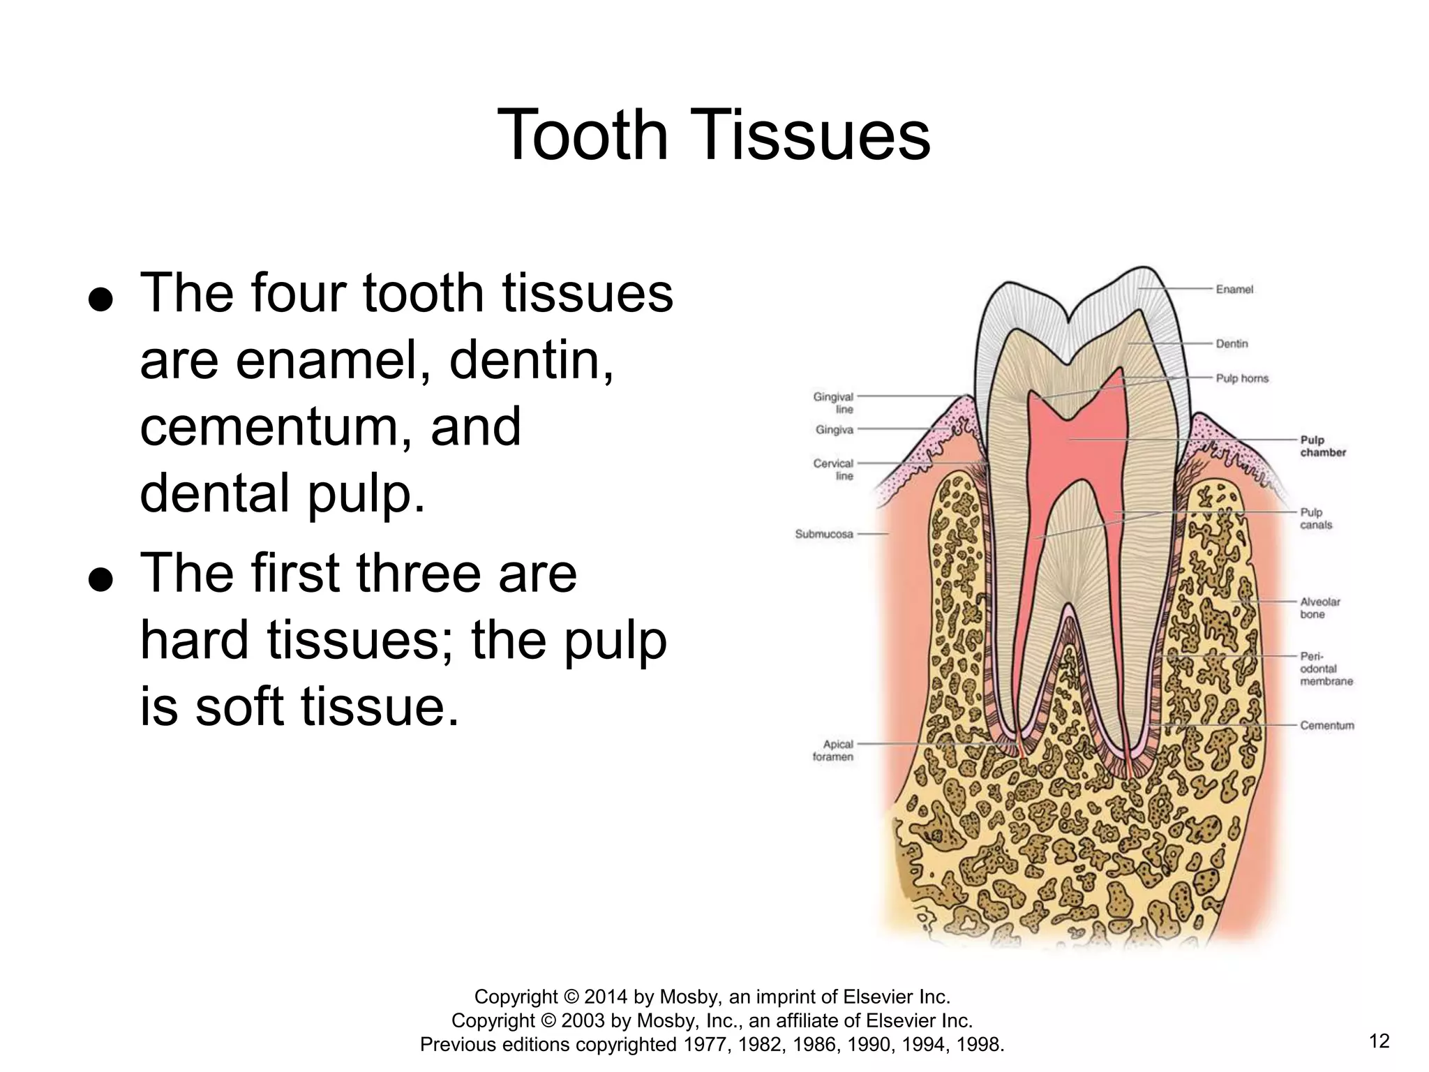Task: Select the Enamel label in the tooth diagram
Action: pyautogui.click(x=1234, y=289)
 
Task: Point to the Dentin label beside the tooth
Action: pyautogui.click(x=1232, y=343)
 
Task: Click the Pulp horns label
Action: pyautogui.click(x=1242, y=378)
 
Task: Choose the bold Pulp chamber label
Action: pyautogui.click(x=1322, y=446)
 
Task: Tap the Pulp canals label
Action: pyautogui.click(x=1316, y=519)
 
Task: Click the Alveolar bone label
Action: pyautogui.click(x=1319, y=607)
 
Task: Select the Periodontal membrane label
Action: pyautogui.click(x=1326, y=669)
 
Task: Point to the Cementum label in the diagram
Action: pyautogui.click(x=1326, y=725)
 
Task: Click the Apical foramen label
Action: pyautogui.click(x=833, y=750)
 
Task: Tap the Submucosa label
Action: pyautogui.click(x=824, y=534)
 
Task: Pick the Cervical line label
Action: pyautogui.click(x=834, y=469)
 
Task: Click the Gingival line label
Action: pyautogui.click(x=834, y=403)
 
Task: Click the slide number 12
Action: pyautogui.click(x=1379, y=1041)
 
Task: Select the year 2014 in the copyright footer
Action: pyautogui.click(x=606, y=996)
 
